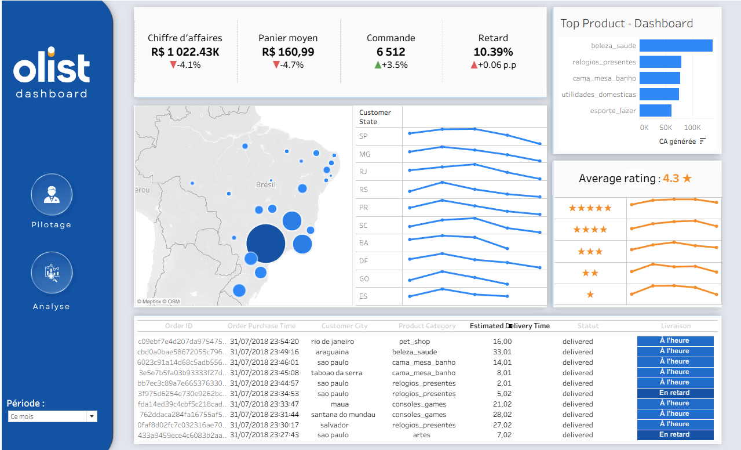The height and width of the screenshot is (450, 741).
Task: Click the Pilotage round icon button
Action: pyautogui.click(x=52, y=195)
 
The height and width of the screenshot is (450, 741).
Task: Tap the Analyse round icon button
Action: pyautogui.click(x=52, y=273)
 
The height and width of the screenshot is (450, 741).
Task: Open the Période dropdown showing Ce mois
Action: pyautogui.click(x=53, y=416)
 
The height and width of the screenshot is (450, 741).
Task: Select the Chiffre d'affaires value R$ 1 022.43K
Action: pyautogui.click(x=185, y=52)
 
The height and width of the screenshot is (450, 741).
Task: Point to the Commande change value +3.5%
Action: pyautogui.click(x=396, y=65)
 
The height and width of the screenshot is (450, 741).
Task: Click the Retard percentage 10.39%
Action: pyautogui.click(x=493, y=52)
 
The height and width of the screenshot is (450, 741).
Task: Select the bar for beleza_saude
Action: pyautogui.click(x=676, y=46)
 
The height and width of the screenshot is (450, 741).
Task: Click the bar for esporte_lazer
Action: pyautogui.click(x=655, y=110)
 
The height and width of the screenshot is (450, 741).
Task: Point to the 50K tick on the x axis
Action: pyautogui.click(x=666, y=127)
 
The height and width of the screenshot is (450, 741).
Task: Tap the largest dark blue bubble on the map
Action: pyautogui.click(x=266, y=244)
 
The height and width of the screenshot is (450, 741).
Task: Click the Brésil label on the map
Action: pyautogui.click(x=266, y=184)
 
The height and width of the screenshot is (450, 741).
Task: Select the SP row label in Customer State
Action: pyautogui.click(x=363, y=136)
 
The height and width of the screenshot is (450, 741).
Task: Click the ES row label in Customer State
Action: pyautogui.click(x=363, y=296)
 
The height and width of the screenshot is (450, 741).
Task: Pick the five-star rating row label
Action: pyautogui.click(x=590, y=208)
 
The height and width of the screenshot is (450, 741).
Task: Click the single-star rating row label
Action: pyautogui.click(x=590, y=295)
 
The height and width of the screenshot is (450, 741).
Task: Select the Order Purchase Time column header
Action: pyautogui.click(x=261, y=326)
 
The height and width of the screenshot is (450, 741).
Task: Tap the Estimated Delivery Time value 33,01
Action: pyautogui.click(x=502, y=352)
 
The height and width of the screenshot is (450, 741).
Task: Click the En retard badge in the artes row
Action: pyautogui.click(x=675, y=434)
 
